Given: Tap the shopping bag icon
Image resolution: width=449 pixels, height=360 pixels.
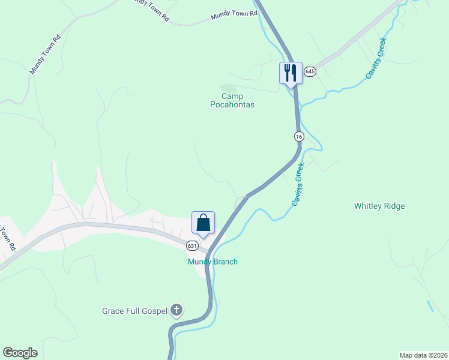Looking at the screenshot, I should click(203, 223).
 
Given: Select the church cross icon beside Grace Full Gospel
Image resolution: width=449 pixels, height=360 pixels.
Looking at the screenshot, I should click(176, 310).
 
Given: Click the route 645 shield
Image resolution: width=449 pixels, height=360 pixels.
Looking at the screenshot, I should click(310, 71).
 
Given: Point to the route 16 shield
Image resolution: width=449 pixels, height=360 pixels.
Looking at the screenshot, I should click(298, 137).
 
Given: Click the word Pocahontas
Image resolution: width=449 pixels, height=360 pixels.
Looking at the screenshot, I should click(232, 105).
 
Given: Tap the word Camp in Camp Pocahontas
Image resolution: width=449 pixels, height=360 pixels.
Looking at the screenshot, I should click(232, 96).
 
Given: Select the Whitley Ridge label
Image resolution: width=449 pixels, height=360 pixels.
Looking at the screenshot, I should click(379, 206).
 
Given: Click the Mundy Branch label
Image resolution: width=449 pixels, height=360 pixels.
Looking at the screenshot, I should click(212, 262).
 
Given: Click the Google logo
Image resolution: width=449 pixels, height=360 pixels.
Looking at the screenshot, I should click(20, 353).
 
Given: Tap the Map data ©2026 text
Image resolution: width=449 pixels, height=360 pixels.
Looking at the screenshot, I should click(423, 355).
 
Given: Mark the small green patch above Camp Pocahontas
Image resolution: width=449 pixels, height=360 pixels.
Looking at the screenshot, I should click(227, 88).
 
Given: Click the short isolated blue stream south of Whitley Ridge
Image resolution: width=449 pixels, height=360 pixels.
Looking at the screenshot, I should click(430, 305).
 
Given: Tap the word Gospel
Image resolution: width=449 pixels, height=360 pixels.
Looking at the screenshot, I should click(154, 311).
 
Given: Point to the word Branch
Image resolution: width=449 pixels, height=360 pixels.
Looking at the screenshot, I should click(225, 262).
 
